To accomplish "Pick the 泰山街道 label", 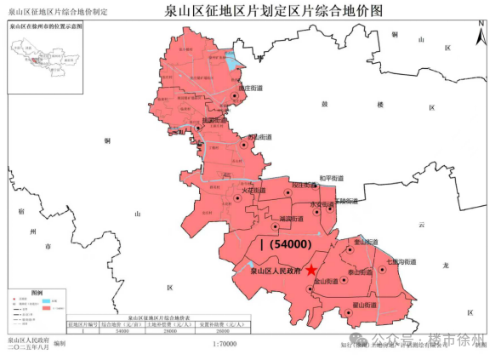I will tap(362, 272).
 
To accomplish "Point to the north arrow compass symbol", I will tap(481, 37).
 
